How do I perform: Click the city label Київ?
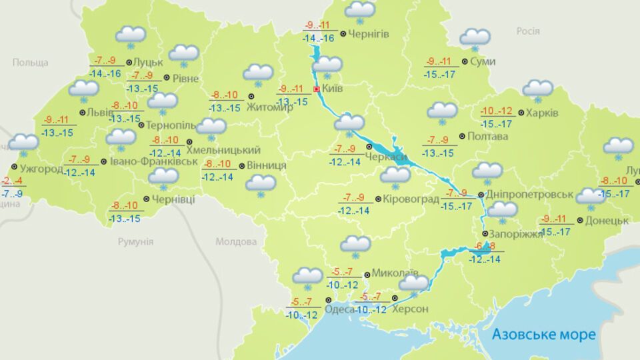point(332,88)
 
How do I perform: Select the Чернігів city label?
point(369,33)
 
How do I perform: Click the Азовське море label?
point(543,334)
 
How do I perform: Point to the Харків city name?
point(542,112)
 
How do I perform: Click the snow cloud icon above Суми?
point(475,38)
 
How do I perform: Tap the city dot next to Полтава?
point(463,135)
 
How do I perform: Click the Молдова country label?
point(236,241)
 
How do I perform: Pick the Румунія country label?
point(135,241)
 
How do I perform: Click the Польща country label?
point(30,63)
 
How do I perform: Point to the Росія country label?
point(527,31)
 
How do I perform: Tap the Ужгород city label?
point(41,169)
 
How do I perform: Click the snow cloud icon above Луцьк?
point(131,36)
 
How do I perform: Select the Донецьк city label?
point(607,221)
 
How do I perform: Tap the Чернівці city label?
point(173,199)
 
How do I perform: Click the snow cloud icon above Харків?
point(537,89)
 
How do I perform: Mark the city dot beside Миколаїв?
point(367,274)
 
